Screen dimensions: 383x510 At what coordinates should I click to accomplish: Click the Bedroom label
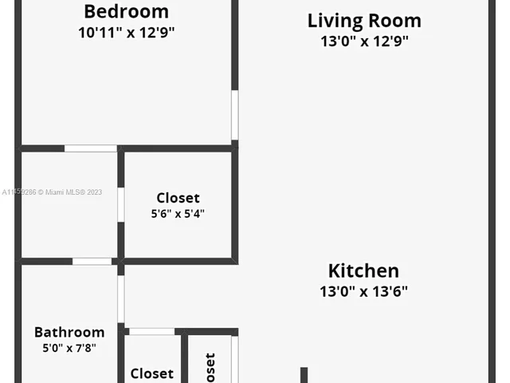pyautogui.click(x=127, y=12)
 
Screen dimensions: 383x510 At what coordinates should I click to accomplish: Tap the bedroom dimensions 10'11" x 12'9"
pyautogui.click(x=127, y=33)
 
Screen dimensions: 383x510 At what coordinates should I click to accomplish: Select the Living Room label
pyautogui.click(x=364, y=20)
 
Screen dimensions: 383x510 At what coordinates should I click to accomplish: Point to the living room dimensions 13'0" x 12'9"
pyautogui.click(x=364, y=41)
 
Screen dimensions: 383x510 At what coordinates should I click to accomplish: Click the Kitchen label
pyautogui.click(x=363, y=270)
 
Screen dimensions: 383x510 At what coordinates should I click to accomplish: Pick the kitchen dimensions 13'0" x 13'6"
pyautogui.click(x=363, y=291)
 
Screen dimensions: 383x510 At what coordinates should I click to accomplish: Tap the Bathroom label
pyautogui.click(x=69, y=332)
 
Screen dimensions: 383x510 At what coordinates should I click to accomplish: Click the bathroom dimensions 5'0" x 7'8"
pyautogui.click(x=69, y=348)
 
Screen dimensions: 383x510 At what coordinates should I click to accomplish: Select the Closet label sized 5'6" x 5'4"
pyautogui.click(x=178, y=198)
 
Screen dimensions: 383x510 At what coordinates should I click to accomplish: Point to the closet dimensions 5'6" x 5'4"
pyautogui.click(x=178, y=214)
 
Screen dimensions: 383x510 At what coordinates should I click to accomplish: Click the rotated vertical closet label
pyautogui.click(x=211, y=367)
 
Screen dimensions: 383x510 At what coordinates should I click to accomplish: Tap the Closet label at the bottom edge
pyautogui.click(x=151, y=373)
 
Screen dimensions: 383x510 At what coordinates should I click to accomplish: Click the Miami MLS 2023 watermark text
pyautogui.click(x=53, y=192)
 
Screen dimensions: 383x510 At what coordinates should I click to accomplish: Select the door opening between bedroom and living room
pyautogui.click(x=234, y=116)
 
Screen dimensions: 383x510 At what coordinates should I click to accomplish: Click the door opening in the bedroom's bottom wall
pyautogui.click(x=90, y=148)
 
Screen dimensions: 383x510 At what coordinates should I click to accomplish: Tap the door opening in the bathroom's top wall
pyautogui.click(x=92, y=261)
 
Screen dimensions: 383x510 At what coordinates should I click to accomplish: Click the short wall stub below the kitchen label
pyautogui.click(x=304, y=375)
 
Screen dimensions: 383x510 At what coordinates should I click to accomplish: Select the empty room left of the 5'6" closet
pyautogui.click(x=69, y=204)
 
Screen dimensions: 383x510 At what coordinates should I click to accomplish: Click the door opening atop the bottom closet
pyautogui.click(x=151, y=331)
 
